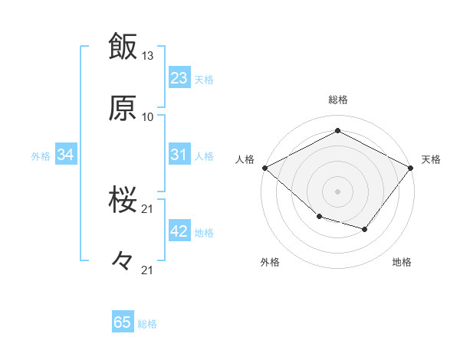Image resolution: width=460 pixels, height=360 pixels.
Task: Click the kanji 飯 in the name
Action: click(x=123, y=47)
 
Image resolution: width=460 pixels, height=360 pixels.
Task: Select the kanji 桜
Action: click(x=123, y=201)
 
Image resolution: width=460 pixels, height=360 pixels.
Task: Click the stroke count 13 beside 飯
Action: click(x=148, y=56)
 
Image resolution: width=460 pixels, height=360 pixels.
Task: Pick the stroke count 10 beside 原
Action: click(x=148, y=117)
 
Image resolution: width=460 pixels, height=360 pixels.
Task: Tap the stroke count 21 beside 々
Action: click(x=148, y=270)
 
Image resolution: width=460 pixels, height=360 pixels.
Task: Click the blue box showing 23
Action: click(x=179, y=78)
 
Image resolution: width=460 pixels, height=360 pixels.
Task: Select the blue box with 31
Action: click(x=179, y=155)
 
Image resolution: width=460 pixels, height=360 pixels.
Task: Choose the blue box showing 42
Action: click(x=179, y=231)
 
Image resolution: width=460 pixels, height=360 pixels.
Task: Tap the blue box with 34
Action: click(x=66, y=155)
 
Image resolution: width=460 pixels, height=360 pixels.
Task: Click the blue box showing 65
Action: click(x=123, y=322)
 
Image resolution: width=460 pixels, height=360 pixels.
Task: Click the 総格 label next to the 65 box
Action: click(x=147, y=324)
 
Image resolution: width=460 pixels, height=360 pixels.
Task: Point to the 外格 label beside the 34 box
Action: click(x=41, y=156)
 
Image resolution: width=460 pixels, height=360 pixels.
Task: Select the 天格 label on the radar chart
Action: click(x=431, y=159)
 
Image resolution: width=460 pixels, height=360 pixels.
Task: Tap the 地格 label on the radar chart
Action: click(x=402, y=262)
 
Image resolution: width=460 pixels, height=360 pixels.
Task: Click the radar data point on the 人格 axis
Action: click(x=264, y=168)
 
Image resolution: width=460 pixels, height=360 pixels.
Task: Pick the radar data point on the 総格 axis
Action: click(x=337, y=131)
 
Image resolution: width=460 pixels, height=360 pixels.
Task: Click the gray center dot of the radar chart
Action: click(x=337, y=191)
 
